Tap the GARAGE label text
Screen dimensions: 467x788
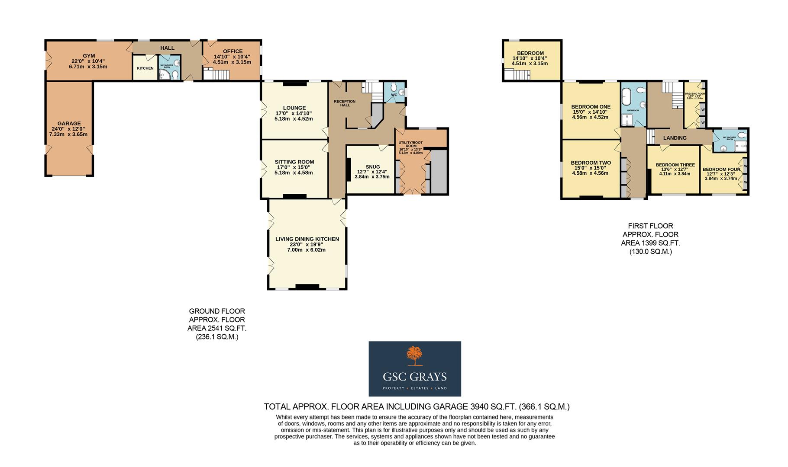coord(69,123)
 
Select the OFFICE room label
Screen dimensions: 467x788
coord(233,51)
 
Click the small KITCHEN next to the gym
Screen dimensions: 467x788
coord(145,68)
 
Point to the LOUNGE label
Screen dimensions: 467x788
coord(294,108)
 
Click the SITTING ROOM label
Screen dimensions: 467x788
coord(294,162)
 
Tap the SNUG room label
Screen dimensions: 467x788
coord(372,167)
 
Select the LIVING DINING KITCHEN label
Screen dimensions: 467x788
coord(307,239)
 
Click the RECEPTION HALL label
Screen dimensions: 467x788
coord(345,103)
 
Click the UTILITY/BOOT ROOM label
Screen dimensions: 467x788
coord(411,144)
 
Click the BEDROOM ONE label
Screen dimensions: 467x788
coord(591,107)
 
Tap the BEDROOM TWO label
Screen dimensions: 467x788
coord(591,163)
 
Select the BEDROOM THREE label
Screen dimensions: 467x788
coord(675,165)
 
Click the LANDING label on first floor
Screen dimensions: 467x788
coord(675,138)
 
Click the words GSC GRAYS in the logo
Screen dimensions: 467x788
coord(414,377)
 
